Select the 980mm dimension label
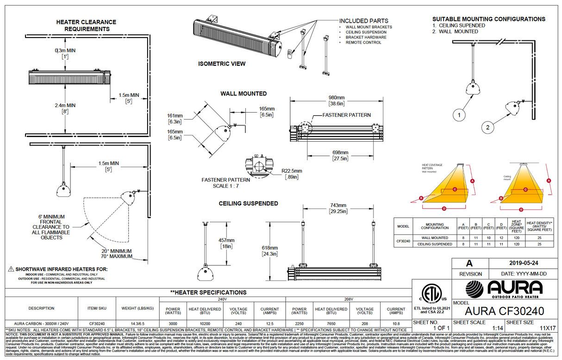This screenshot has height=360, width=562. [x=337, y=98]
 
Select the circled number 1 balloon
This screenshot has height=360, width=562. [x=458, y=114]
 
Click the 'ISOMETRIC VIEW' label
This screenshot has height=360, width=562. [x=222, y=63]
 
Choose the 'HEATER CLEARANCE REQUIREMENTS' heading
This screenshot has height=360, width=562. [x=87, y=25]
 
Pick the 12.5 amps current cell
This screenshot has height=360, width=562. [x=269, y=324]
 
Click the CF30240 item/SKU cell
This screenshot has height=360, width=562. [x=97, y=324]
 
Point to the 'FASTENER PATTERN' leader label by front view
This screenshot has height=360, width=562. [x=340, y=115]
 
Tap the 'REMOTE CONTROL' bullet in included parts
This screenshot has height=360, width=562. [x=363, y=43]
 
